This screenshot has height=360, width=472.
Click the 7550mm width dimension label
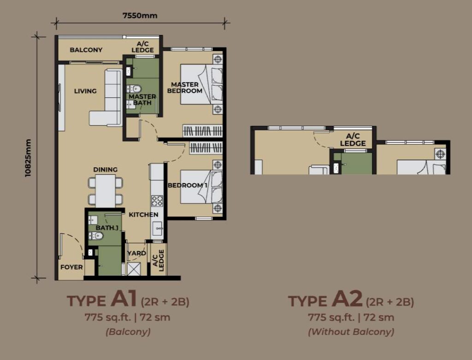(x=140, y=15)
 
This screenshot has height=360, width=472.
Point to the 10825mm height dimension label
(x=28, y=158)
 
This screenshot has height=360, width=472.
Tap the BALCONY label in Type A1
(x=86, y=50)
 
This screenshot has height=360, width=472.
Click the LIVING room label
(x=85, y=91)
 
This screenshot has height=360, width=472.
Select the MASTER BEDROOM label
(x=185, y=88)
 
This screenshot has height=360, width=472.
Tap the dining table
(x=105, y=191)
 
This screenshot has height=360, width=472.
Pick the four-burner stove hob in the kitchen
(x=157, y=201)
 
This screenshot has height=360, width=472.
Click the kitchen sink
(x=157, y=229)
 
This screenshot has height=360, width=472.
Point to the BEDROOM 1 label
(x=188, y=185)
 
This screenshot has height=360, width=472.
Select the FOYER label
(x=71, y=267)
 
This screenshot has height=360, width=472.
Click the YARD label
(x=136, y=253)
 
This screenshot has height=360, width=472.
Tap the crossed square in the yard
(x=134, y=269)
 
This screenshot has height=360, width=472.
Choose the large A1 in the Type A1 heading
(x=124, y=299)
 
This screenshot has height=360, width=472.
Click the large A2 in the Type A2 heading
(x=347, y=299)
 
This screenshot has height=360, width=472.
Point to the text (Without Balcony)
(x=351, y=332)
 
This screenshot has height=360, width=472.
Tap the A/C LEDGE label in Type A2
(x=353, y=140)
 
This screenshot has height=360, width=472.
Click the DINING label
(x=106, y=170)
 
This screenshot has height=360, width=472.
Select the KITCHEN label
(x=144, y=215)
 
